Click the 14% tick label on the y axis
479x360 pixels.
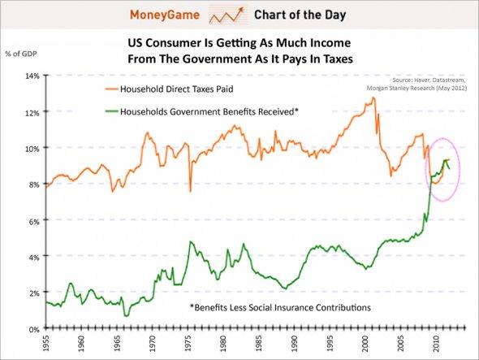pyautogui.click(x=30, y=76)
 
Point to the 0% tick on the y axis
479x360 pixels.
pyautogui.click(x=32, y=329)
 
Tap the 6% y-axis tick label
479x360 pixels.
pyautogui.click(x=32, y=221)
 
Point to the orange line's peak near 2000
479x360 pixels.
pyautogui.click(x=373, y=98)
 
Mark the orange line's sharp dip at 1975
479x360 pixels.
pyautogui.click(x=190, y=192)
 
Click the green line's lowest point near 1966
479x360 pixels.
pyautogui.click(x=126, y=315)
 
